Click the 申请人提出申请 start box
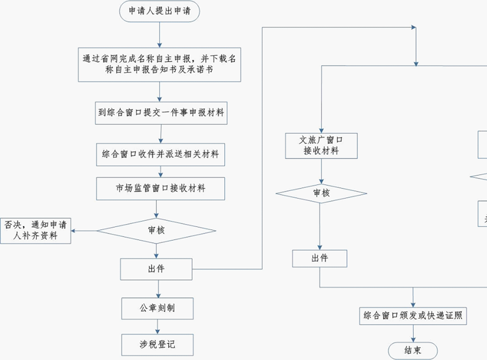(159, 11)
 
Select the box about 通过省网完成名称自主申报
(160, 64)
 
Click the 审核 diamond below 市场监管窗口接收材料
(156, 231)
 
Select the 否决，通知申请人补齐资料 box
(36, 231)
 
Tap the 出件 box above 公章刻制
(156, 269)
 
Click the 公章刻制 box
(157, 308)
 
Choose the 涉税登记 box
(157, 344)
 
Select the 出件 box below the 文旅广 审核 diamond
(320, 258)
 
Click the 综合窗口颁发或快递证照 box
(413, 316)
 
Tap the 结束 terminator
(412, 351)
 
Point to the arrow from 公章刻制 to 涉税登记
(157, 326)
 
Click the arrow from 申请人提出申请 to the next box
(159, 34)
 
